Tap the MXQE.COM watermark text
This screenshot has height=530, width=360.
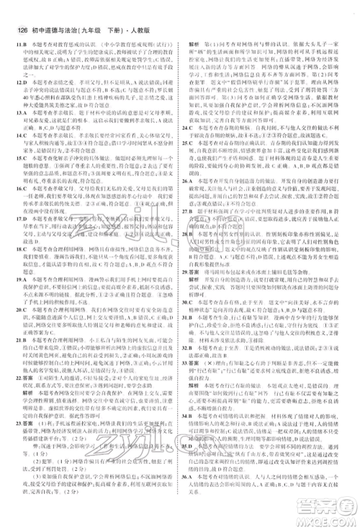330,523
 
